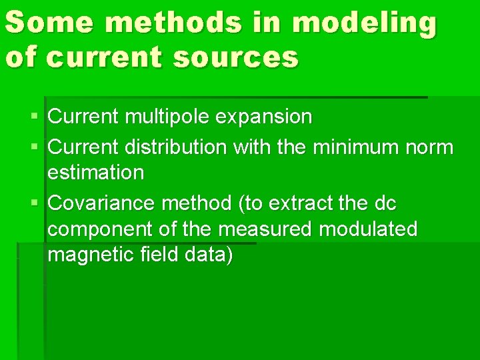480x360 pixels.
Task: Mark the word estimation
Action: point(96,173)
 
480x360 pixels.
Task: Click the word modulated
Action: point(369,229)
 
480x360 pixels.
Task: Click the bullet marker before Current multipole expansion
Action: point(35,118)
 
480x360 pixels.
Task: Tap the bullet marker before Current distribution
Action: point(35,146)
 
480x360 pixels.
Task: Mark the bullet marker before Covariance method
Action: point(35,202)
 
